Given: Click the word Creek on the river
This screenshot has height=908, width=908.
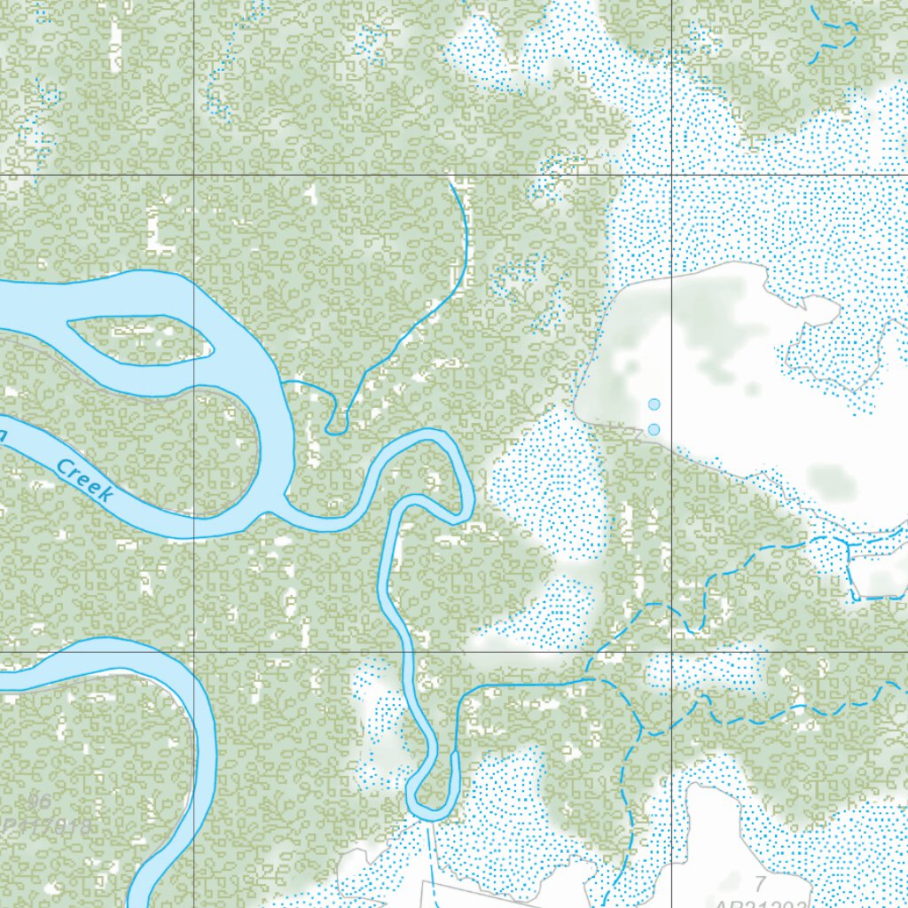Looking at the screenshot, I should click(x=84, y=480).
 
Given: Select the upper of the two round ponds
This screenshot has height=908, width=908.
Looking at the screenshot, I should click(x=654, y=404).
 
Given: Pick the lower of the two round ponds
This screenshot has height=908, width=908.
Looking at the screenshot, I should click(x=654, y=429).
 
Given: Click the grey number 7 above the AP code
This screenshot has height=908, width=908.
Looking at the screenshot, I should click(x=759, y=883).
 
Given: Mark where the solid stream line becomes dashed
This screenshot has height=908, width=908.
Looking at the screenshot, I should click(x=592, y=679).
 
